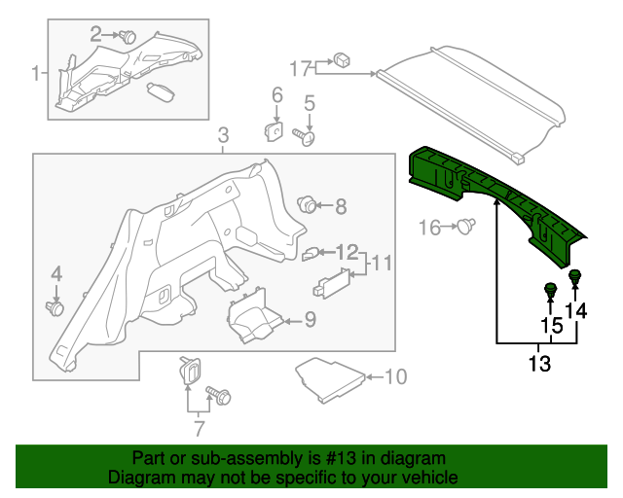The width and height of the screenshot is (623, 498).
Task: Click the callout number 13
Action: pyautogui.click(x=538, y=365)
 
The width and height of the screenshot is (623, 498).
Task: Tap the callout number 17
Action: pyautogui.click(x=300, y=68)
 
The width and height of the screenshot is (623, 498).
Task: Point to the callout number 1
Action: pyautogui.click(x=36, y=73)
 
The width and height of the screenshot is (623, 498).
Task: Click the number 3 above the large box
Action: pyautogui.click(x=223, y=134)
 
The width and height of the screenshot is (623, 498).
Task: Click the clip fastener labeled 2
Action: pyautogui.click(x=128, y=37)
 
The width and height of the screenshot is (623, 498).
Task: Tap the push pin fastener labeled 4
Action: pyautogui.click(x=55, y=307)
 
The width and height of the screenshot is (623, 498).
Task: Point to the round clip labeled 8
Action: pyautogui.click(x=308, y=204)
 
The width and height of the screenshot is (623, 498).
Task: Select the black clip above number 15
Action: pyautogui.click(x=550, y=290)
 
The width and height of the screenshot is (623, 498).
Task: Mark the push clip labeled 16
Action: pyautogui.click(x=467, y=228)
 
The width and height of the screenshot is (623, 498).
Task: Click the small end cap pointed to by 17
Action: pyautogui.click(x=343, y=58)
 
